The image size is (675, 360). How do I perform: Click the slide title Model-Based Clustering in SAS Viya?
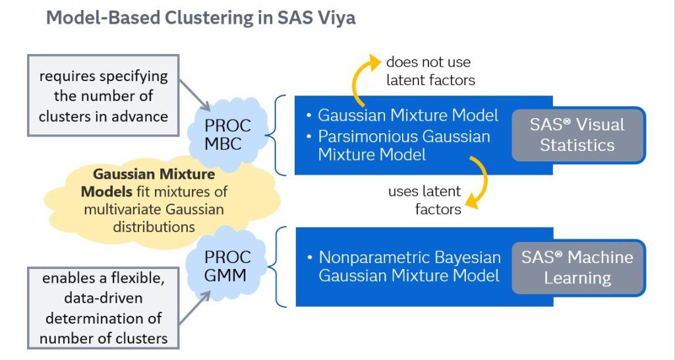tap(200, 18)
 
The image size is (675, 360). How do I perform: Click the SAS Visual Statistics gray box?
tap(577, 135)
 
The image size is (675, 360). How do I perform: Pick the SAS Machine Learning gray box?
tap(577, 267)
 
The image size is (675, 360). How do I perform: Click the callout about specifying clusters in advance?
tap(103, 96)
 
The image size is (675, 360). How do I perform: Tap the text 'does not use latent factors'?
tap(428, 71)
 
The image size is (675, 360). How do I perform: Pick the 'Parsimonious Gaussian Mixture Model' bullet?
tap(404, 146)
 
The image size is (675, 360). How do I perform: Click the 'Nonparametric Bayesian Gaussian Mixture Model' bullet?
tap(409, 266)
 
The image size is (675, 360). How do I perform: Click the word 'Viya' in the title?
tap(336, 18)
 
